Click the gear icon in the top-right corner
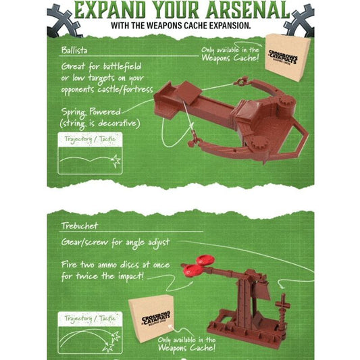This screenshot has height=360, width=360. pyautogui.click(x=299, y=16)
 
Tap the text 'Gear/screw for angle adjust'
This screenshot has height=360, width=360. pyautogui.click(x=115, y=242)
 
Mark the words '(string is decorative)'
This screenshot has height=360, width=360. pyautogui.click(x=100, y=123)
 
